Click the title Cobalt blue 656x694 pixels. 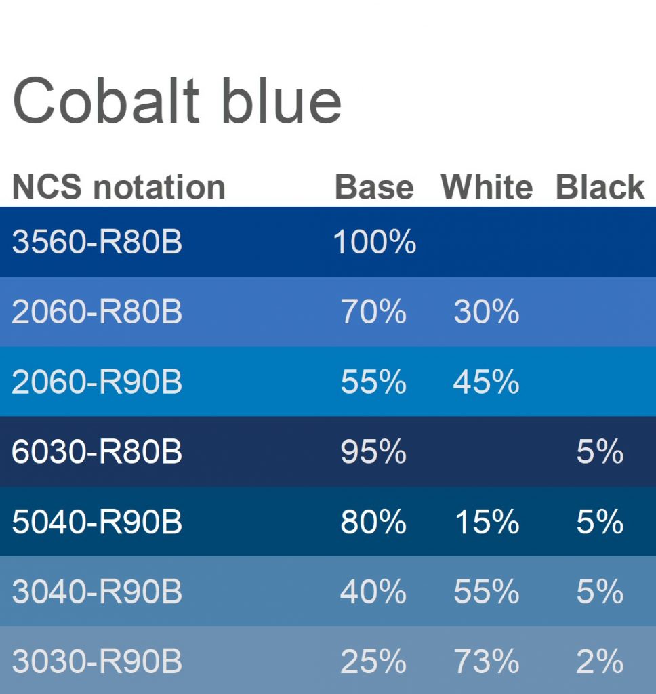(x=177, y=100)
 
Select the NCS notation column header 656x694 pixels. (x=119, y=187)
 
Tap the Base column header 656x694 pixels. (x=375, y=187)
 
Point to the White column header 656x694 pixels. (x=487, y=187)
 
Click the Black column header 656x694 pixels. (x=600, y=187)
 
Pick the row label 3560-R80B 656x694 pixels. (x=97, y=242)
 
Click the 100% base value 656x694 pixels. (x=375, y=242)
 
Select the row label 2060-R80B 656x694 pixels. (x=97, y=312)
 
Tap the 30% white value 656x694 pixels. (x=487, y=312)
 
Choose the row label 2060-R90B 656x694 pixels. (x=97, y=382)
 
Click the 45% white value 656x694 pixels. (x=487, y=382)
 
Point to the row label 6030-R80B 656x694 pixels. (x=97, y=451)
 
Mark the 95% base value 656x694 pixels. (x=373, y=451)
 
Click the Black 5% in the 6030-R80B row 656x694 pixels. (x=600, y=451)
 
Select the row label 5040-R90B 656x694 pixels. (x=97, y=521)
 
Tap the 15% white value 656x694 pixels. (x=487, y=521)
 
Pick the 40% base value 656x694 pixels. (x=373, y=591)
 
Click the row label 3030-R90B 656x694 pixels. (x=97, y=661)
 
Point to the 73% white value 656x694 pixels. (x=487, y=661)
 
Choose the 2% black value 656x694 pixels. (x=600, y=661)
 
